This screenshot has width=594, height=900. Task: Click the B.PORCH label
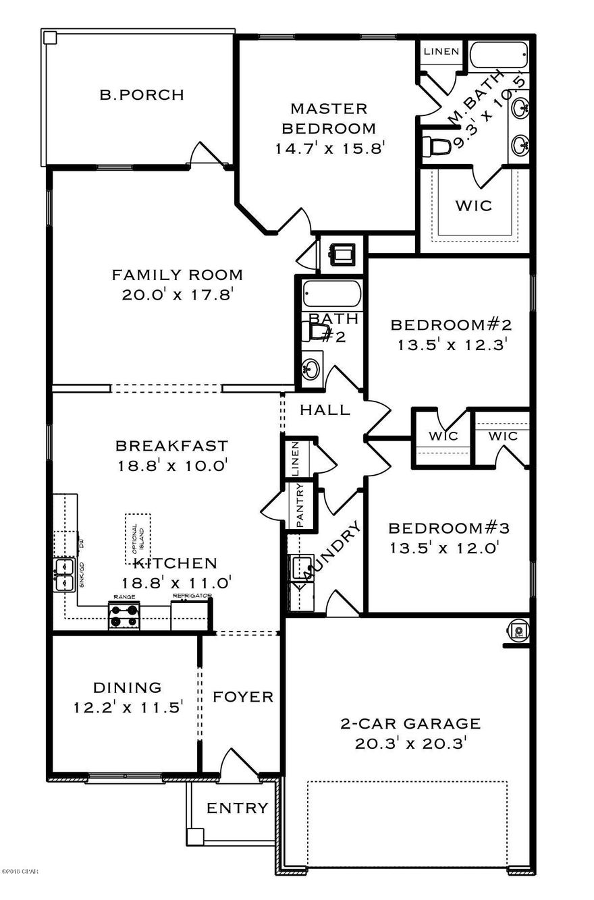[x=141, y=95]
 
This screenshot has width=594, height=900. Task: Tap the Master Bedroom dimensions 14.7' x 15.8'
[x=329, y=148]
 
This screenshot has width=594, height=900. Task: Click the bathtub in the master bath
[x=499, y=55]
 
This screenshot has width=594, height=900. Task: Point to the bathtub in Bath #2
[x=331, y=296]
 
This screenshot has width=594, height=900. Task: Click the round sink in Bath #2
[x=311, y=368]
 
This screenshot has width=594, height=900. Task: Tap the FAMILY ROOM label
[x=177, y=275]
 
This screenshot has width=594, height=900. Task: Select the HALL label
[x=325, y=410]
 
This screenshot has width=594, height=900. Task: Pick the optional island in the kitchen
[x=138, y=538]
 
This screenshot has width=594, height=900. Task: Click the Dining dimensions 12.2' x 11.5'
[x=128, y=708]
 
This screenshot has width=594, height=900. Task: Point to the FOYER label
[x=243, y=697]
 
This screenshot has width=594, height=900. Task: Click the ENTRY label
[x=237, y=808]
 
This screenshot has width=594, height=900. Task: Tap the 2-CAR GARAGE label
[x=410, y=724]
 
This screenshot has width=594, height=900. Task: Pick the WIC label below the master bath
[x=473, y=205]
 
